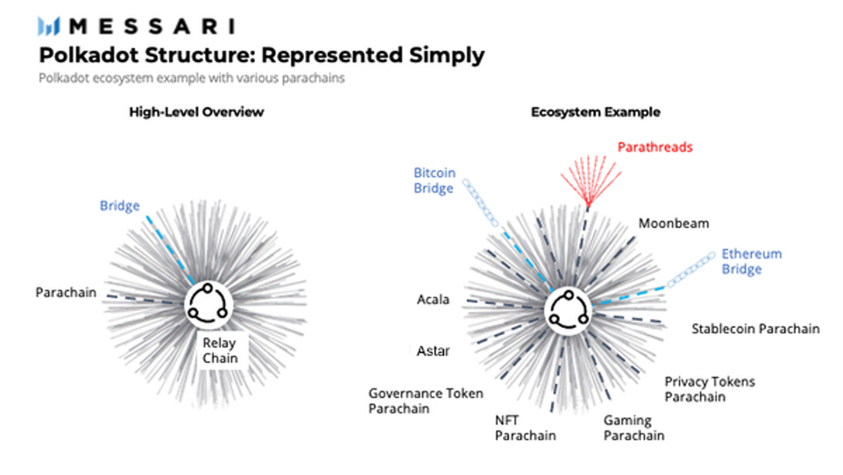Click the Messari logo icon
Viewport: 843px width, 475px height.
point(49,26)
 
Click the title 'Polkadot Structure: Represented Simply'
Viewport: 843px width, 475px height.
point(262,56)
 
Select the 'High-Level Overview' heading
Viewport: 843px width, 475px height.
point(196,112)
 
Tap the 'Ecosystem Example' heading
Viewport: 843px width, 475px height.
point(596,112)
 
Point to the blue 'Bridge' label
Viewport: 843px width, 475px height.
point(119,206)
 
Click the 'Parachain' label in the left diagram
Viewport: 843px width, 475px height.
point(67,292)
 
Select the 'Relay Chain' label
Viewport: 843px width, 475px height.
point(220,350)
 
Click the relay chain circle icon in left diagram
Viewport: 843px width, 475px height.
point(208,305)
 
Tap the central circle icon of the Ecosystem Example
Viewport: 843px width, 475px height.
point(568,311)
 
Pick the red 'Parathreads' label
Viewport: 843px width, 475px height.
point(655,148)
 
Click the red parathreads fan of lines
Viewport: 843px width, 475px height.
point(590,181)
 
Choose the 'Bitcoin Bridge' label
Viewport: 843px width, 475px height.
point(435,181)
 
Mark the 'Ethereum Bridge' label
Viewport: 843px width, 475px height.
point(752,261)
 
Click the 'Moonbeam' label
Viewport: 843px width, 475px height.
point(674,224)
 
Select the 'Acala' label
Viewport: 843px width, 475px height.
point(433,299)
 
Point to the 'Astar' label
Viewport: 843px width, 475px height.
point(433,351)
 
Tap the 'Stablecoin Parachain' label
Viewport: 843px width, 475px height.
point(756,329)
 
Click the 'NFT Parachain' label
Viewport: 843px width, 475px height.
point(525,428)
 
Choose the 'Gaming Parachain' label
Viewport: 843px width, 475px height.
point(634,428)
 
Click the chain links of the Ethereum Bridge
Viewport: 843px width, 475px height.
point(691,269)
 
